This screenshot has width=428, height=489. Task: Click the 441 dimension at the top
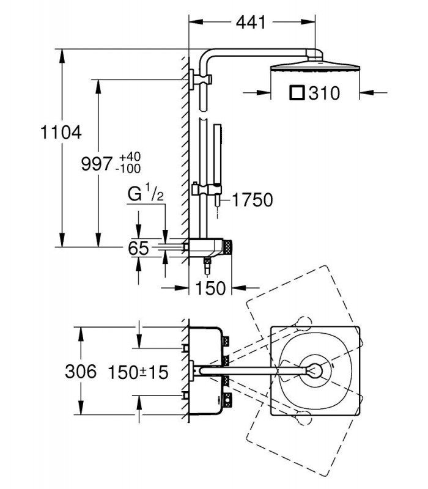click(251, 22)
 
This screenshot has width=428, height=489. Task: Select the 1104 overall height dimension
click(61, 132)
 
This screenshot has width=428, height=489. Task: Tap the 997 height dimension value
click(97, 164)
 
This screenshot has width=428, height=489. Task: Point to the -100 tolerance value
click(128, 169)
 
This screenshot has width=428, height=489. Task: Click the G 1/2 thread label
click(146, 194)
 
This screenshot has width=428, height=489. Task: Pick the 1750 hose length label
click(253, 200)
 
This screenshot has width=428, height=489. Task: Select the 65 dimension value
click(139, 249)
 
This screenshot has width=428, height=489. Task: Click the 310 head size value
click(324, 94)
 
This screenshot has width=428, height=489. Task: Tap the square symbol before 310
click(297, 93)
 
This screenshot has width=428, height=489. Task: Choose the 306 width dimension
click(81, 372)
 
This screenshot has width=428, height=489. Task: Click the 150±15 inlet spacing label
click(138, 372)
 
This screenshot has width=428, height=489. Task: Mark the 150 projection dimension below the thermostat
click(210, 288)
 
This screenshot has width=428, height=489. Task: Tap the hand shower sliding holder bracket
click(207, 189)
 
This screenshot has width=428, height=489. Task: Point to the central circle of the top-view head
click(315, 371)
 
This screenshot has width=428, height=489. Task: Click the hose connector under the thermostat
click(207, 267)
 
